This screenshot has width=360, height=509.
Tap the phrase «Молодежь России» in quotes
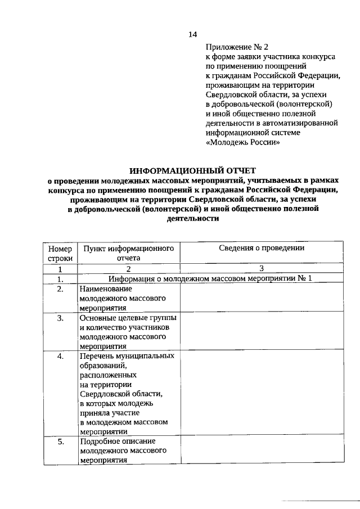[x=242, y=143]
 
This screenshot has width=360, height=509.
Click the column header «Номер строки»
[x=60, y=253]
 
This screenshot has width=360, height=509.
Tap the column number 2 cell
[x=128, y=268]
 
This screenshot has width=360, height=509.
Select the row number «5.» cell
[x=60, y=442]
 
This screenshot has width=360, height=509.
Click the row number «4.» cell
[x=60, y=356]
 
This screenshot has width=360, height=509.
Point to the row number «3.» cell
[x=60, y=318]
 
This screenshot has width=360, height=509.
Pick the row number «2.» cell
[x=60, y=289]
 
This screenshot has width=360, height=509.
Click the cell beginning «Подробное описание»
[x=125, y=451]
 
